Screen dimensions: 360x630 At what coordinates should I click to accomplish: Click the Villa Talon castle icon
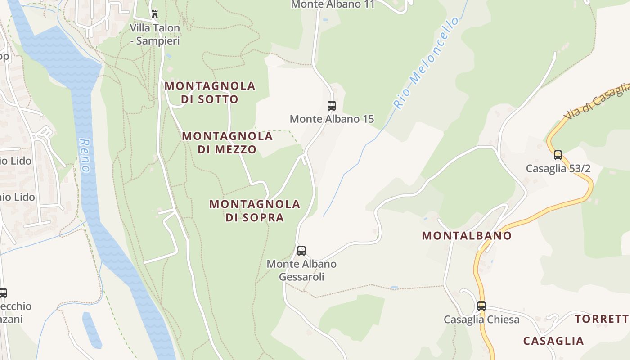pos(155,14)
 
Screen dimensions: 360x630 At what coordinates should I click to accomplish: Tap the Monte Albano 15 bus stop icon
pos(332,106)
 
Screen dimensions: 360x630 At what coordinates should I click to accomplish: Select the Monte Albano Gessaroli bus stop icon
pos(301,251)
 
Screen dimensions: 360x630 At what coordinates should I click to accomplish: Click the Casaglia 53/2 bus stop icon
pos(558,155)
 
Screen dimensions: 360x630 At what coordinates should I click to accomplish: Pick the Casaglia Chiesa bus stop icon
pos(481,306)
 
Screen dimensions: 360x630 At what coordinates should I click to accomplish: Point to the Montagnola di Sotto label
pos(210,92)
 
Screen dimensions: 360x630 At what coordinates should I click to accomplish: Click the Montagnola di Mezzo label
pos(227,143)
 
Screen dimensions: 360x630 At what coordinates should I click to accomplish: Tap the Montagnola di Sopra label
pos(255,211)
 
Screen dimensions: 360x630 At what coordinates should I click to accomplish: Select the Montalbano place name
pos(467,236)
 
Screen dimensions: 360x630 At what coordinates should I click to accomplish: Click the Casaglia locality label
pos(553,341)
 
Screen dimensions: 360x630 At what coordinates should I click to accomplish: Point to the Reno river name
pos(84,155)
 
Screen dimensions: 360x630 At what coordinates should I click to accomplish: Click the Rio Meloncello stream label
pos(427,63)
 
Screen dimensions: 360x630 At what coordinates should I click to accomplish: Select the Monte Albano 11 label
pos(333,4)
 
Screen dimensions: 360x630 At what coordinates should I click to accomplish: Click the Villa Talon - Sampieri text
pos(155,34)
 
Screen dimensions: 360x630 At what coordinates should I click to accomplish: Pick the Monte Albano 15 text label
pos(332,119)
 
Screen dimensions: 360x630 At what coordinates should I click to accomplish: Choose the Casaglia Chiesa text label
pos(481,319)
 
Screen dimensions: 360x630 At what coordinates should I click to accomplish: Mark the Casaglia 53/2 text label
pos(558,169)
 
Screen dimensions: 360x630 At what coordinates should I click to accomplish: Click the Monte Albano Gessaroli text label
pos(301,270)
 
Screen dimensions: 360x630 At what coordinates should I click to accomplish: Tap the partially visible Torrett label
pos(602,319)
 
